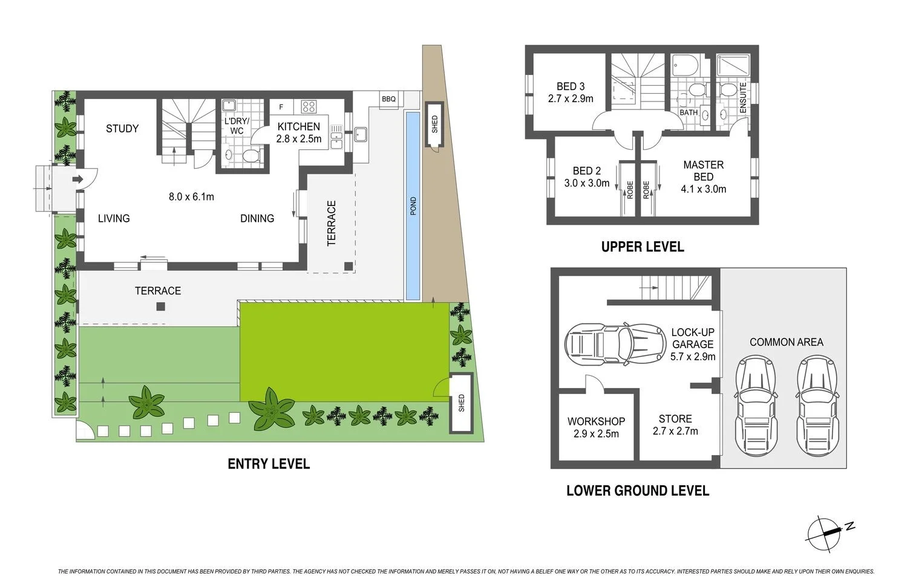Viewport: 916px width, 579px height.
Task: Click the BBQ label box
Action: pyautogui.click(x=388, y=99)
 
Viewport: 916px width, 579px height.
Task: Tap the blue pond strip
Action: pyautogui.click(x=413, y=205)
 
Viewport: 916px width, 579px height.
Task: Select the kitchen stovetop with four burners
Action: pyautogui.click(x=309, y=107)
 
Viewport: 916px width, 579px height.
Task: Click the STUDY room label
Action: pyautogui.click(x=122, y=128)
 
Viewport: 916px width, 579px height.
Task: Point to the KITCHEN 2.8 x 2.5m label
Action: pyautogui.click(x=298, y=132)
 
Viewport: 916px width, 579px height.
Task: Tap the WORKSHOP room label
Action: pyautogui.click(x=596, y=427)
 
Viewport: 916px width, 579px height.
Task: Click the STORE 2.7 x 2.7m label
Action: pyautogui.click(x=675, y=424)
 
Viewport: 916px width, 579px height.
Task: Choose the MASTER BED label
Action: pyautogui.click(x=703, y=176)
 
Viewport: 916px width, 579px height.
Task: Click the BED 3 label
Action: pyautogui.click(x=571, y=92)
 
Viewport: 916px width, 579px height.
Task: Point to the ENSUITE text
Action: pyautogui.click(x=743, y=98)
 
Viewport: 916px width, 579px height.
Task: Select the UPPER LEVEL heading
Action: pyautogui.click(x=643, y=247)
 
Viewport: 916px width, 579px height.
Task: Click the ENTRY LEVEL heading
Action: pyautogui.click(x=269, y=464)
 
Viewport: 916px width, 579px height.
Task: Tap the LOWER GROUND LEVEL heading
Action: pyautogui.click(x=638, y=490)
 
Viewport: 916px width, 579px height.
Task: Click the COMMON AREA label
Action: pyautogui.click(x=786, y=342)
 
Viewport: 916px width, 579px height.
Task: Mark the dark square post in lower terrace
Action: pyautogui.click(x=160, y=306)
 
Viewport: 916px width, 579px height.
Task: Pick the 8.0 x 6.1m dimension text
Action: pyautogui.click(x=191, y=196)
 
